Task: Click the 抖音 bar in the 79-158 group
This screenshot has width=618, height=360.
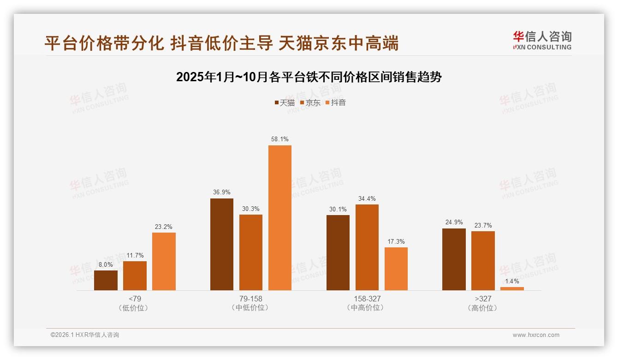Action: click(280, 218)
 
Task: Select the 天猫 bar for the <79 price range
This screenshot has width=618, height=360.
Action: click(106, 280)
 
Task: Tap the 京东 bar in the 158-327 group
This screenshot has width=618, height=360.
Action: click(367, 247)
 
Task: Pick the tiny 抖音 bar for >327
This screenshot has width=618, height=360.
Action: click(512, 288)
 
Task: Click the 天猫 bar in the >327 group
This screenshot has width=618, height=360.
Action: click(454, 259)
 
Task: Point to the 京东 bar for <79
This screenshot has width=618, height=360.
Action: click(135, 276)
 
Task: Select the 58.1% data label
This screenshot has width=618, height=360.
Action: click(280, 139)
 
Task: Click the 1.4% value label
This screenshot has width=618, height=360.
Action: click(512, 281)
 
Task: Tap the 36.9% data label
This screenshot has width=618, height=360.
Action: click(222, 192)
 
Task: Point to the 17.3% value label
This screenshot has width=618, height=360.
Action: click(396, 241)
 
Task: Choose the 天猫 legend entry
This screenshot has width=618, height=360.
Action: click(285, 102)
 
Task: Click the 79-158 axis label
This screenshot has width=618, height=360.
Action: click(251, 299)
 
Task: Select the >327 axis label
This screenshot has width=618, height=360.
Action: click(483, 299)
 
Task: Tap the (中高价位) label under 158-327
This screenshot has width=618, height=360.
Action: click(367, 308)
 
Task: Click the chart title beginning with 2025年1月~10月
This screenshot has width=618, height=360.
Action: click(309, 77)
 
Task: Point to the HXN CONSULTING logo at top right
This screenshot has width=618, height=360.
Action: click(542, 41)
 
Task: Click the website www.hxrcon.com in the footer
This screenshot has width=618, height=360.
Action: click(536, 335)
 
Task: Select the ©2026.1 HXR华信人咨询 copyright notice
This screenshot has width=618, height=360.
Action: click(85, 335)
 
